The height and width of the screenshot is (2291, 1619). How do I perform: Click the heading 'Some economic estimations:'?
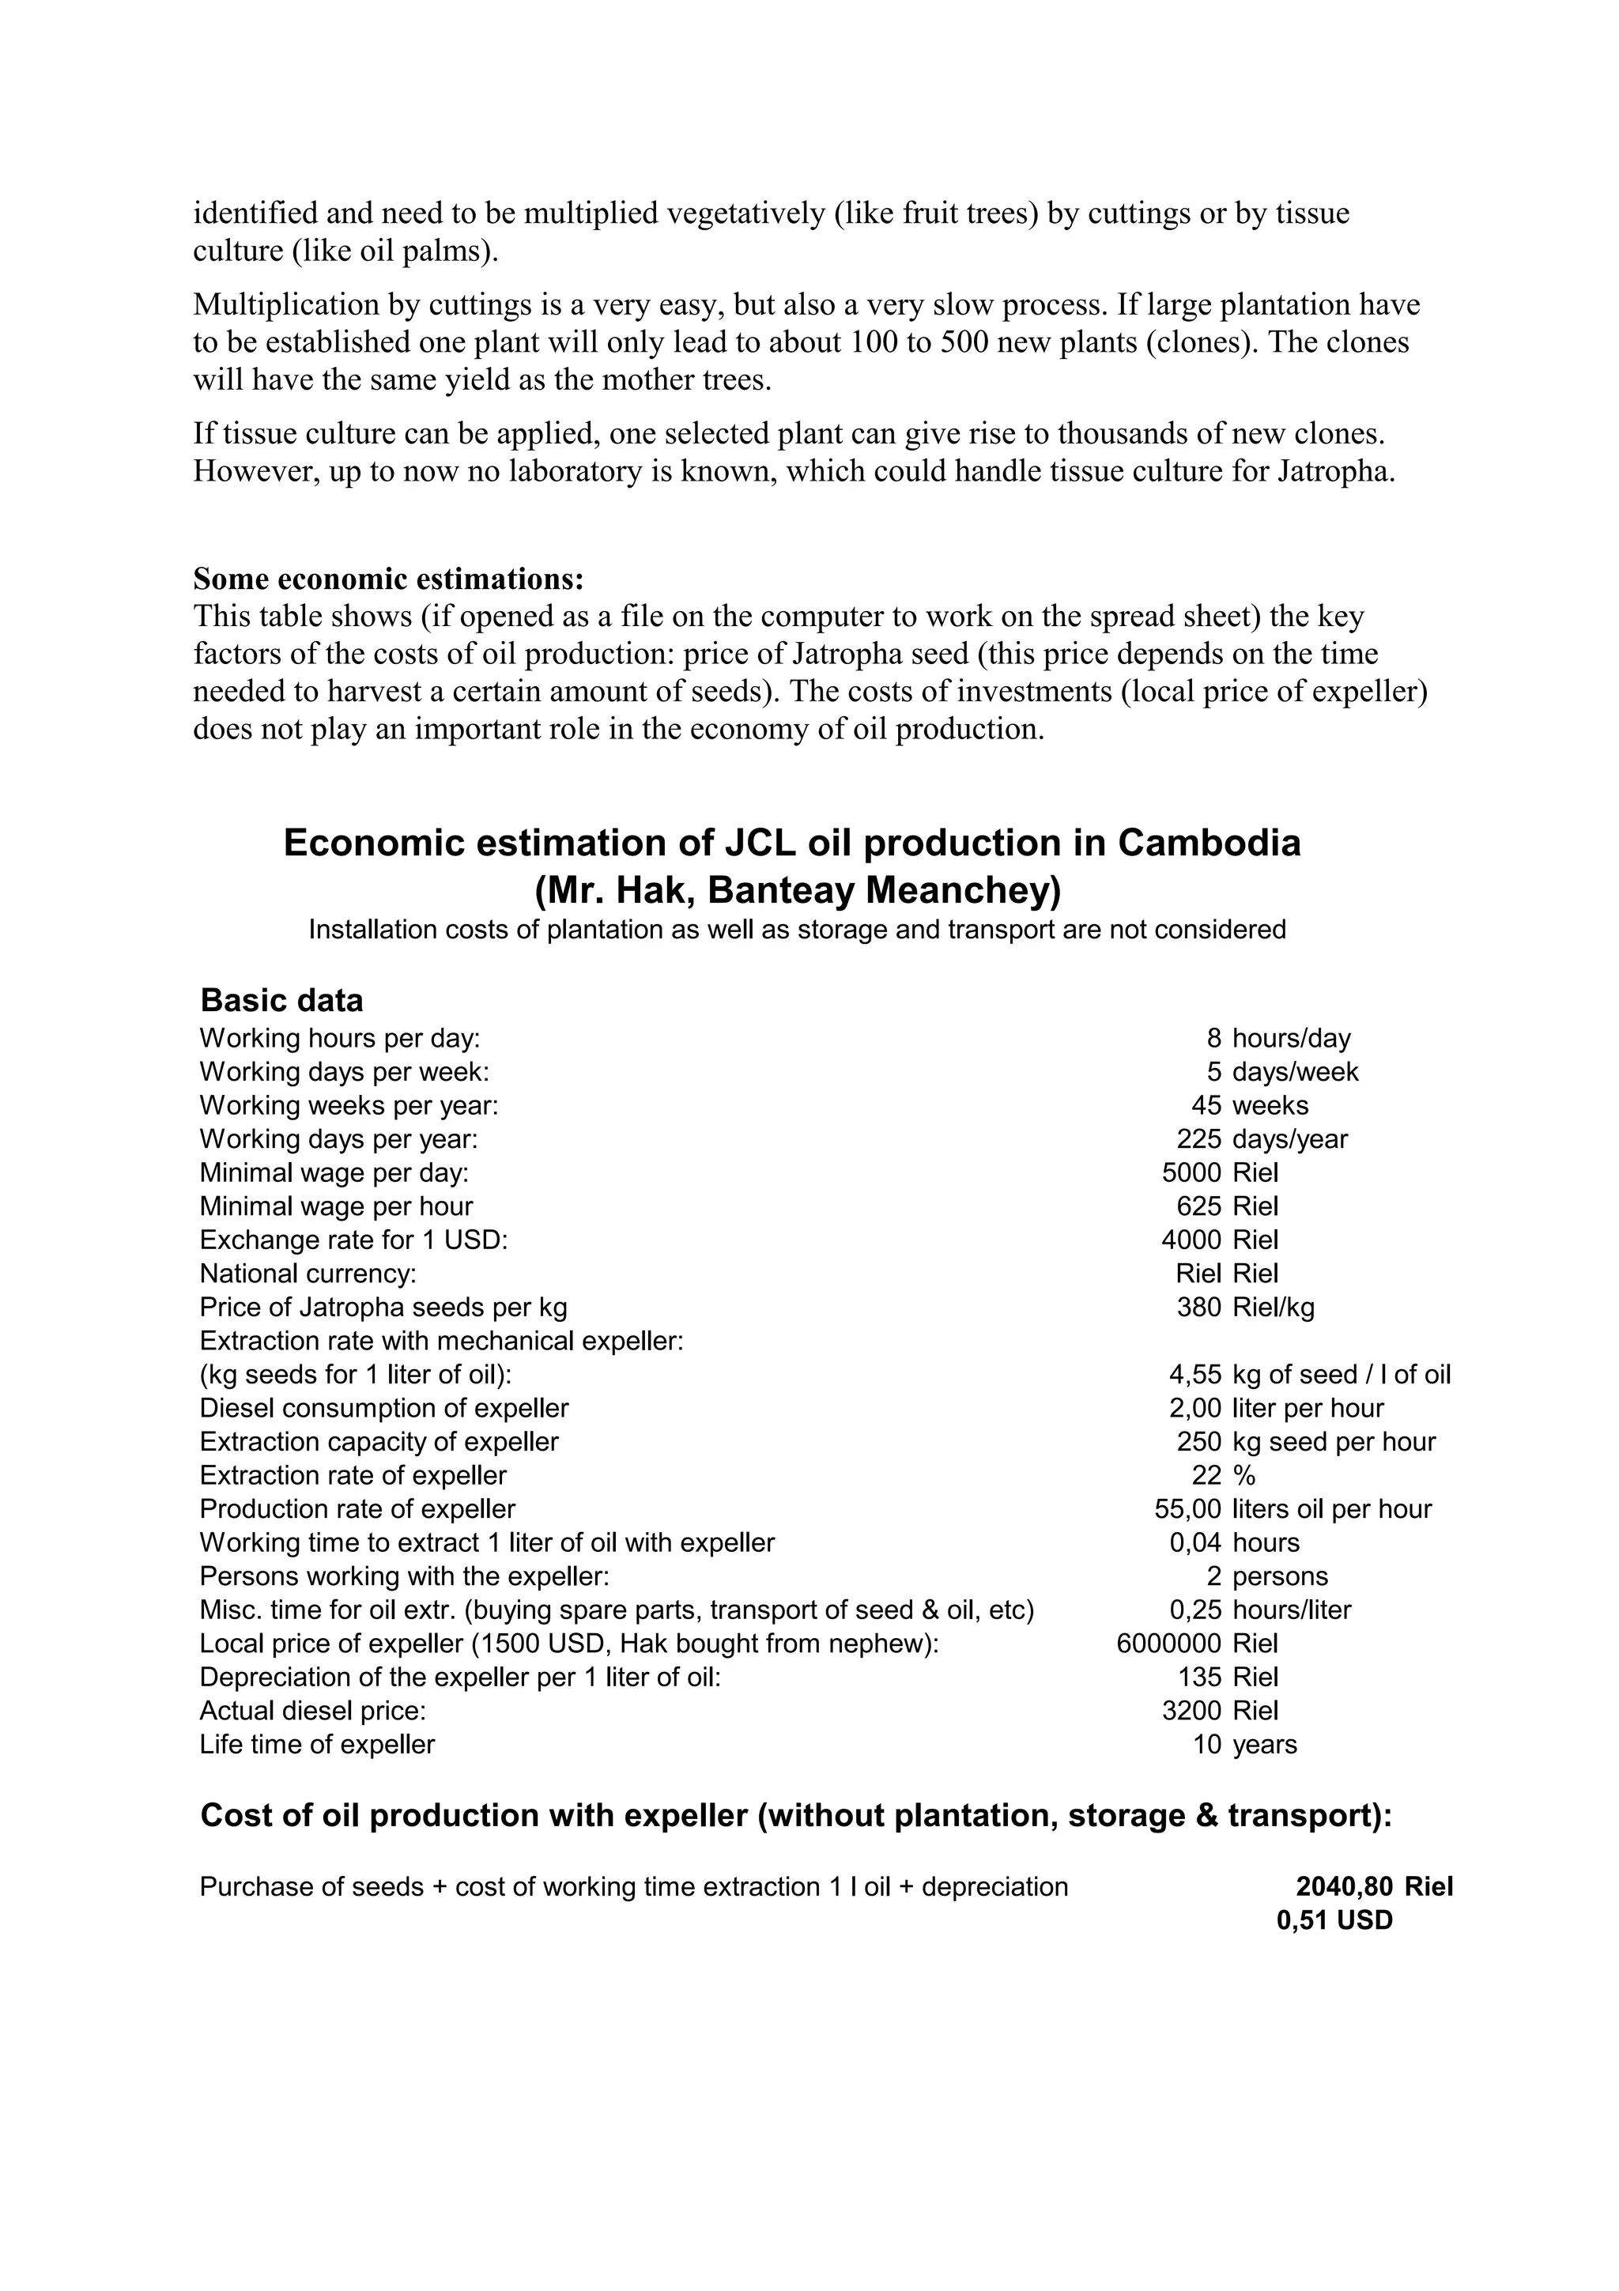[x=388, y=579]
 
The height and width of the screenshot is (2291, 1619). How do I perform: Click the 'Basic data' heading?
[x=281, y=1000]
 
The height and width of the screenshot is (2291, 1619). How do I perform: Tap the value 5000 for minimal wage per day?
[x=1191, y=1172]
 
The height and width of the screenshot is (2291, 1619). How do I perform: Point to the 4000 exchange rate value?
[x=1191, y=1240]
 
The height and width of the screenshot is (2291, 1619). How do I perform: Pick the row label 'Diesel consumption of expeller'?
[x=384, y=1408]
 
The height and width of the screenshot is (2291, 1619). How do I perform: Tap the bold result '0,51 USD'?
[x=1334, y=1921]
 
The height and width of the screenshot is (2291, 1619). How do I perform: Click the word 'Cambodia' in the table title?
[x=1208, y=844]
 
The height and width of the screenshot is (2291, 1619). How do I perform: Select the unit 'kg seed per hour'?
[x=1334, y=1442]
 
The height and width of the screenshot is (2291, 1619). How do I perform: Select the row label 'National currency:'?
[x=308, y=1274]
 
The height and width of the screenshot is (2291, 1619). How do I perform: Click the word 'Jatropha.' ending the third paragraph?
[x=1336, y=471]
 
